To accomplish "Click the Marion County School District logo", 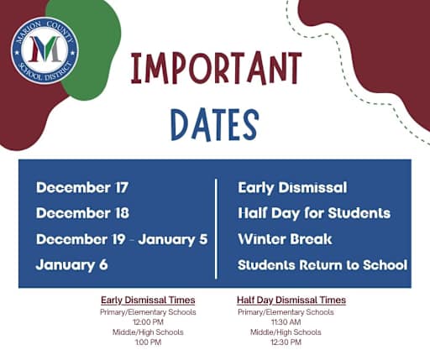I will [x=45, y=50].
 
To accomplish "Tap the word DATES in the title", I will [x=214, y=123].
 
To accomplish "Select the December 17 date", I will [x=82, y=187].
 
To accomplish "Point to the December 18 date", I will [x=82, y=213].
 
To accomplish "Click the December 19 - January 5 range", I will [x=122, y=239].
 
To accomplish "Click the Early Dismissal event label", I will [x=292, y=187].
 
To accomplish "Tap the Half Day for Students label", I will [x=314, y=213].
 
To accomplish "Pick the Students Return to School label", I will [x=322, y=265].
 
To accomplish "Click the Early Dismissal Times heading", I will [x=148, y=300].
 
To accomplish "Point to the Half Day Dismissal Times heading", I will [x=291, y=300].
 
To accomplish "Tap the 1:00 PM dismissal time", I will [x=148, y=342].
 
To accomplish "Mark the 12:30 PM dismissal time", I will [x=286, y=342].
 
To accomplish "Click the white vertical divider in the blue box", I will [x=218, y=227].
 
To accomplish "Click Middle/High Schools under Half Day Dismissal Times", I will [x=286, y=332].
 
